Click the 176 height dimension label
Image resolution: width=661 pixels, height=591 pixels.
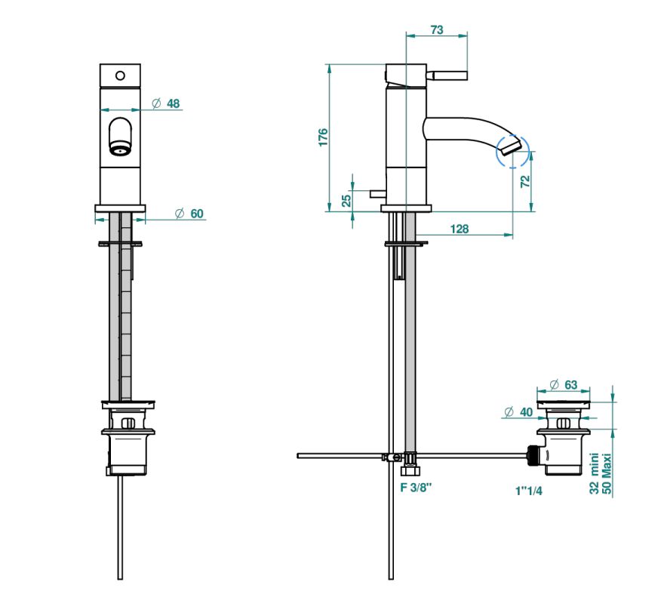tap(323, 137)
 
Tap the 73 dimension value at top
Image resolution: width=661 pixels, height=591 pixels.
tap(437, 30)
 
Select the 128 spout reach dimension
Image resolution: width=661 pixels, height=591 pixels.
tap(459, 229)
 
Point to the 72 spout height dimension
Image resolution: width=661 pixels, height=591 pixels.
tap(525, 182)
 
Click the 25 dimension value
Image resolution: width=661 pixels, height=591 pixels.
tap(346, 200)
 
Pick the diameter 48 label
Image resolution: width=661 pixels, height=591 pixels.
tap(166, 103)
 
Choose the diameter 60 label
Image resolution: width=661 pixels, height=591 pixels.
tap(189, 214)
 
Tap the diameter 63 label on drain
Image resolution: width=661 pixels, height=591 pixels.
tap(564, 384)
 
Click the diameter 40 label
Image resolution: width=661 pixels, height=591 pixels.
tap(518, 412)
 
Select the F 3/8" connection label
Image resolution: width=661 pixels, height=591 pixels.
tap(416, 488)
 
